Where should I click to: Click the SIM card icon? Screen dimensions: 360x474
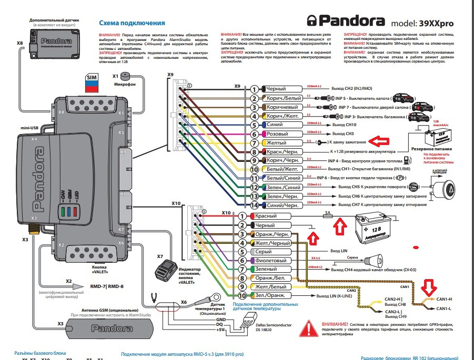pos(92,83)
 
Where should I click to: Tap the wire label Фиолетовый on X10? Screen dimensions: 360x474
pos(269,261)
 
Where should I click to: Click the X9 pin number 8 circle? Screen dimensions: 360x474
pos(254,152)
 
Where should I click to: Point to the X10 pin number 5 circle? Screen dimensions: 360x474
pos(242,252)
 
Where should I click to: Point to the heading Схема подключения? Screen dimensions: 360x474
pos(132,24)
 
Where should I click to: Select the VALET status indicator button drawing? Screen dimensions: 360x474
pos(167,271)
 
